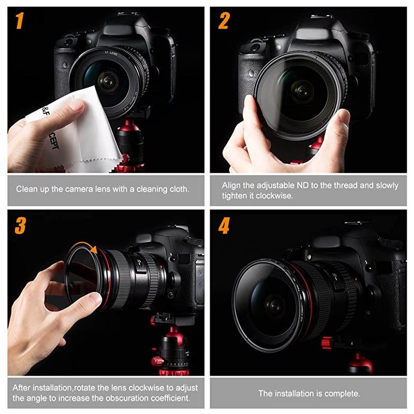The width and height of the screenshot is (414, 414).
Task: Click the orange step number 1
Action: tap(19, 21)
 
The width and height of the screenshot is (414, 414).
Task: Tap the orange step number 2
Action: tap(224, 21)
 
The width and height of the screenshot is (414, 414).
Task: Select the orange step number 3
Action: tap(20, 226)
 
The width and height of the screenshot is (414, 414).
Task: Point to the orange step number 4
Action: tap(224, 226)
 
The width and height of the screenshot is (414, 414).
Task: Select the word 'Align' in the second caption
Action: tap(232, 185)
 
